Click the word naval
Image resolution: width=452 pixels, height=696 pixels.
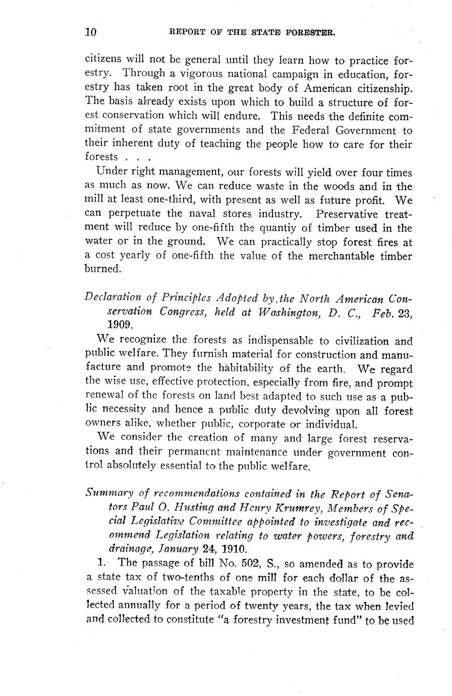click(x=189, y=214)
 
